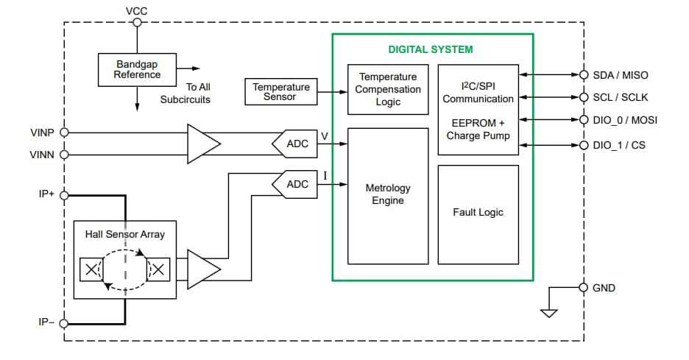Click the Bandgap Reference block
(x=137, y=69)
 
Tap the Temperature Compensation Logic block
(x=388, y=89)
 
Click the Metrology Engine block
(x=388, y=195)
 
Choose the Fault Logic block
(x=478, y=213)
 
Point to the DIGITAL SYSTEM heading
(x=431, y=50)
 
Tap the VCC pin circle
(x=137, y=22)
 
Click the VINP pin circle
(x=64, y=133)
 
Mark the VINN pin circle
(x=64, y=155)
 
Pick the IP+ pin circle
(x=64, y=195)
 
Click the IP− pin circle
(x=64, y=323)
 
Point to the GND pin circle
(x=584, y=288)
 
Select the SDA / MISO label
(x=620, y=75)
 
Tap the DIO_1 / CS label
(x=618, y=145)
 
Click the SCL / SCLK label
(x=620, y=97)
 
